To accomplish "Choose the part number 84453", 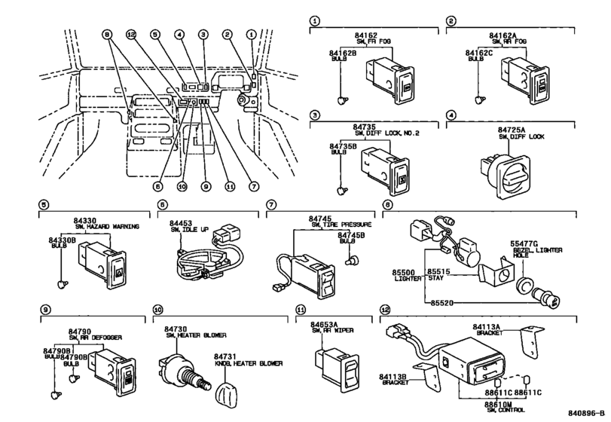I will point(181,223).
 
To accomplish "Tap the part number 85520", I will point(445,301).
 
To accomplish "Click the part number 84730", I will point(176,329).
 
